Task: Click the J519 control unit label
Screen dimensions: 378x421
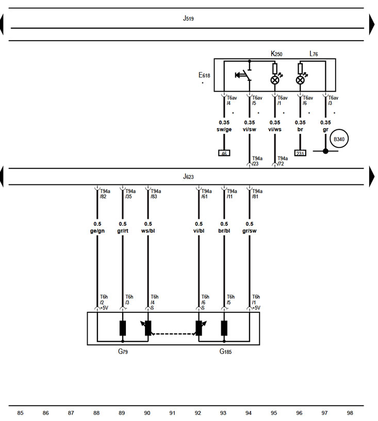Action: point(189,18)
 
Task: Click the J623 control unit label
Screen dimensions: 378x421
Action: point(189,176)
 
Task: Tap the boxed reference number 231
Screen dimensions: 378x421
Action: point(300,153)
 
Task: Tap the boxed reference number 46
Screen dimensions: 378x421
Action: point(224,153)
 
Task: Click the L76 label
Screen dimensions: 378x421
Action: point(314,54)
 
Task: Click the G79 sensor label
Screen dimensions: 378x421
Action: point(123,351)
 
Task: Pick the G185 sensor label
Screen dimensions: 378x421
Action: point(226,351)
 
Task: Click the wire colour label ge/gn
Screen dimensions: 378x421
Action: point(97,231)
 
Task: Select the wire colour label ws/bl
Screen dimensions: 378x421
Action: point(148,231)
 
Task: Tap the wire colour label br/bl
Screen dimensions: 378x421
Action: point(224,231)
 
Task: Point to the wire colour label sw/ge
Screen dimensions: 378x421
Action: point(224,129)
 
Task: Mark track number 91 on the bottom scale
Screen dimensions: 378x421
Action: point(172,413)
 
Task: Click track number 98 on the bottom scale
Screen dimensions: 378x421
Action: point(350,413)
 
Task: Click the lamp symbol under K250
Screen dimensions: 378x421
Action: point(275,80)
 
